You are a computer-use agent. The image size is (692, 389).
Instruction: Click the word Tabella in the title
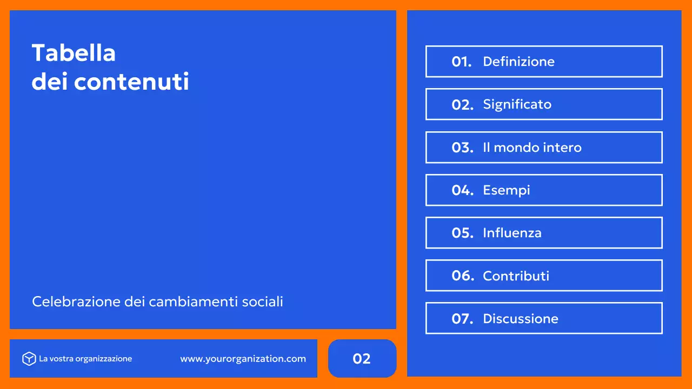[x=74, y=53]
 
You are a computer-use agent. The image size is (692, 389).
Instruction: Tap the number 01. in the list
[x=462, y=62]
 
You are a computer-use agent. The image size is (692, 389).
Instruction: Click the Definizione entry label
[x=518, y=62]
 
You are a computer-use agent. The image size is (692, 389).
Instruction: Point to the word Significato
[x=517, y=104]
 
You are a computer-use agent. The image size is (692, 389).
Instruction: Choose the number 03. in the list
[x=462, y=147]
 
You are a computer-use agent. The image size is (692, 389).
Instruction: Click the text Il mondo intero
[x=532, y=147]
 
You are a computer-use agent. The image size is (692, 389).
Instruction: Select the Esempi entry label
[x=506, y=190]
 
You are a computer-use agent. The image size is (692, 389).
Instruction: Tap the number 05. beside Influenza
[x=462, y=233]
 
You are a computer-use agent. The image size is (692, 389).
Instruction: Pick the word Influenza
[x=512, y=233]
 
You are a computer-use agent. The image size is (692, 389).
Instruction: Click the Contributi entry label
[x=516, y=276]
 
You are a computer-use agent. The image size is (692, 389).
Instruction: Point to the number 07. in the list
[x=462, y=319]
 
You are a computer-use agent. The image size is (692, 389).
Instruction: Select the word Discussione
[x=520, y=319]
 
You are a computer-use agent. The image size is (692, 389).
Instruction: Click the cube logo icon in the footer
[x=29, y=359]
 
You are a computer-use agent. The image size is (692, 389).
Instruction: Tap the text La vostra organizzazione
[x=85, y=359]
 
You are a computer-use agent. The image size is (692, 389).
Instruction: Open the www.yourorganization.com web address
[x=243, y=359]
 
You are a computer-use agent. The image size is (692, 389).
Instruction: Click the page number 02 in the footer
[x=362, y=359]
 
